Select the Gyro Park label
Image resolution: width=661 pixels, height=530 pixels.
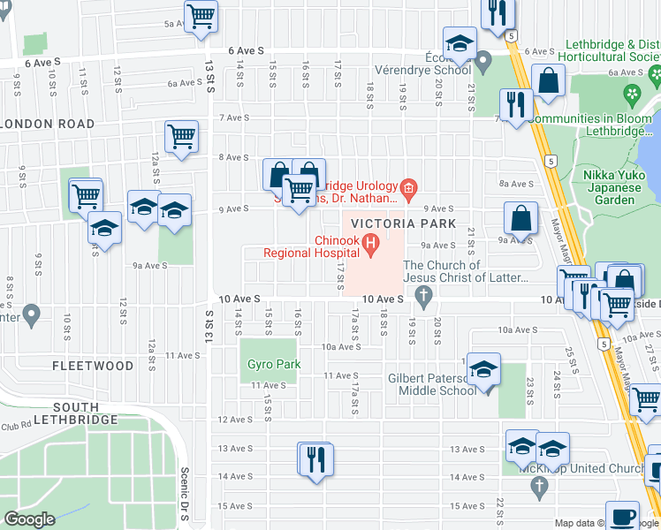[x=274, y=364]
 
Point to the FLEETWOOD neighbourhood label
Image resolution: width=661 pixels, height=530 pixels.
[x=93, y=365]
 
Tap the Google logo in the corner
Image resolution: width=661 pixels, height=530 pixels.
[x=30, y=519]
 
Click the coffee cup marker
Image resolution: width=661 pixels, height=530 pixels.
[x=622, y=516]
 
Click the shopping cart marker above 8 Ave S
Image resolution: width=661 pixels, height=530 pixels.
[x=181, y=137]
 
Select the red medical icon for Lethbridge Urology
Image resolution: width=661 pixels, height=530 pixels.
[x=407, y=186]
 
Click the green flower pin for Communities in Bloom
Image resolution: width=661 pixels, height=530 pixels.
[x=632, y=93]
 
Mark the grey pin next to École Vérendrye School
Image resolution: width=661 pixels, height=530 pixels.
[x=482, y=62]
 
